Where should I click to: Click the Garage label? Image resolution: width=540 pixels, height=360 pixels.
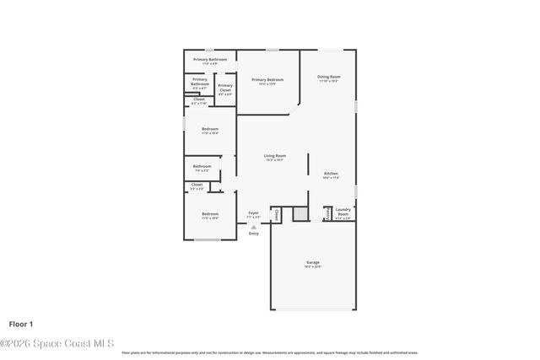click(x=312, y=263)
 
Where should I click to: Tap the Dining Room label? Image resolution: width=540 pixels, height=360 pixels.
click(x=328, y=78)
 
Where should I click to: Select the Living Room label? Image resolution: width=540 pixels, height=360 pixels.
click(x=274, y=156)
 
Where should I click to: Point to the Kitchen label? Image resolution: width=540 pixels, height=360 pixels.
click(x=331, y=174)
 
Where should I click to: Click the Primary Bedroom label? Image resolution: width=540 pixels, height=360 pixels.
click(x=267, y=80)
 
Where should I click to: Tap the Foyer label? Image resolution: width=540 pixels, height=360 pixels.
click(x=253, y=213)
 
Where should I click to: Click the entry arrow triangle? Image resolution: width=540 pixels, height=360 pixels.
click(x=253, y=227)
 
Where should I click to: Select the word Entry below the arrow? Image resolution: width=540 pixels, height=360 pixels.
click(x=253, y=234)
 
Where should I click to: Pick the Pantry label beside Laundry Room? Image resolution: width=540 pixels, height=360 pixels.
click(x=327, y=214)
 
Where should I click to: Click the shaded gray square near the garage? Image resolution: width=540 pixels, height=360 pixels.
click(x=300, y=214)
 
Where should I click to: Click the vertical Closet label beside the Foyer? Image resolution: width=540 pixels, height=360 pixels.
click(x=275, y=215)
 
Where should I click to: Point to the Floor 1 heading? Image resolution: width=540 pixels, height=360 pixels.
click(x=21, y=324)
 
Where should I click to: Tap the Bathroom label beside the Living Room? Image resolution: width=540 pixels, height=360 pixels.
click(x=202, y=167)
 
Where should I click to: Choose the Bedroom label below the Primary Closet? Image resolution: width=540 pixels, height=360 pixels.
click(x=209, y=130)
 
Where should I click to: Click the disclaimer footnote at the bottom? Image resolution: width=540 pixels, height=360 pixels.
click(x=270, y=352)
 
